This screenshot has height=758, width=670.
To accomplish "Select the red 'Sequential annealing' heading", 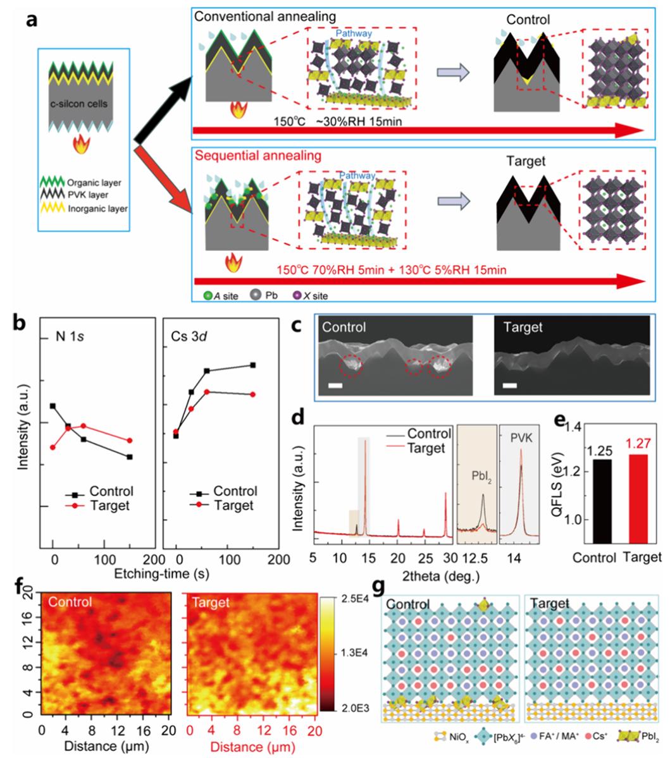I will (251, 155).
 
